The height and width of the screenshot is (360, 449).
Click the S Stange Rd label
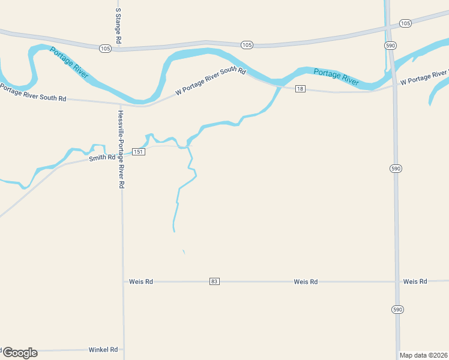pyautogui.click(x=118, y=25)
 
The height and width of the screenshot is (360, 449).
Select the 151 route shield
pyautogui.click(x=139, y=152)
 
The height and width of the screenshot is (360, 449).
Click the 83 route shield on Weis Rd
pyautogui.click(x=214, y=281)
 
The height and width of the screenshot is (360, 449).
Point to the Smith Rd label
pyautogui.click(x=102, y=158)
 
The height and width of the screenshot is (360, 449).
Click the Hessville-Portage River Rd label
pyautogui.click(x=121, y=150)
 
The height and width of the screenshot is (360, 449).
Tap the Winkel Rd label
pyautogui.click(x=103, y=349)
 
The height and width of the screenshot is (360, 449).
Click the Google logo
pyautogui.click(x=19, y=353)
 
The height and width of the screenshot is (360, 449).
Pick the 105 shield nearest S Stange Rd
pyautogui.click(x=105, y=49)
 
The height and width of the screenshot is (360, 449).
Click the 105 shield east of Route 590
pyautogui.click(x=405, y=23)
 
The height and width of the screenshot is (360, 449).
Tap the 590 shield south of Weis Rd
pyautogui.click(x=397, y=309)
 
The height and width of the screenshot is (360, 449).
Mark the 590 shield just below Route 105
pyautogui.click(x=391, y=46)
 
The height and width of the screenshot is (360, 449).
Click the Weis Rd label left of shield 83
pyautogui.click(x=141, y=281)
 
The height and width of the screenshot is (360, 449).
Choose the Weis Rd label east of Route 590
pyautogui.click(x=415, y=281)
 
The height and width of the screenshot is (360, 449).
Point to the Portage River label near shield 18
pyautogui.click(x=336, y=76)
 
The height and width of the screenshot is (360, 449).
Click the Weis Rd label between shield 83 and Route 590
pyautogui.click(x=306, y=281)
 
